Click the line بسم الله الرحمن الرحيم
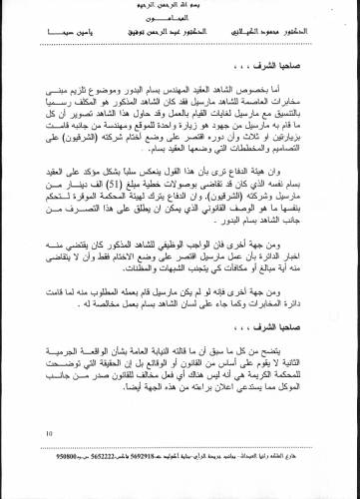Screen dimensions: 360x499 (180, 6)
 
